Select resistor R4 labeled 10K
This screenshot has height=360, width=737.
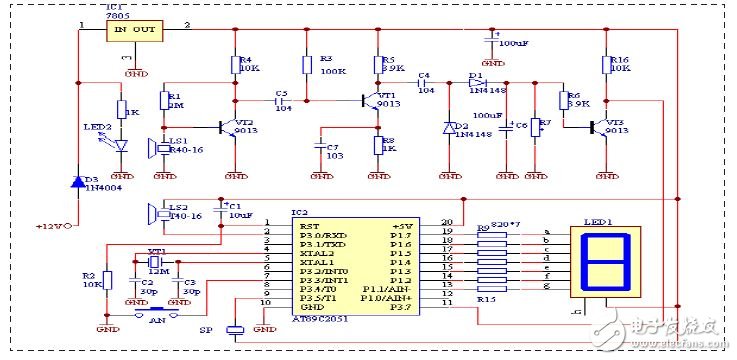click(236, 65)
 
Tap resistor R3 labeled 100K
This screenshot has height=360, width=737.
click(307, 65)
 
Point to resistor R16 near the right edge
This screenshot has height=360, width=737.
click(606, 65)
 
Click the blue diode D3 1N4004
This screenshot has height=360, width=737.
click(78, 182)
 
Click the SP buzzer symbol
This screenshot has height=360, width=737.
click(236, 330)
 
